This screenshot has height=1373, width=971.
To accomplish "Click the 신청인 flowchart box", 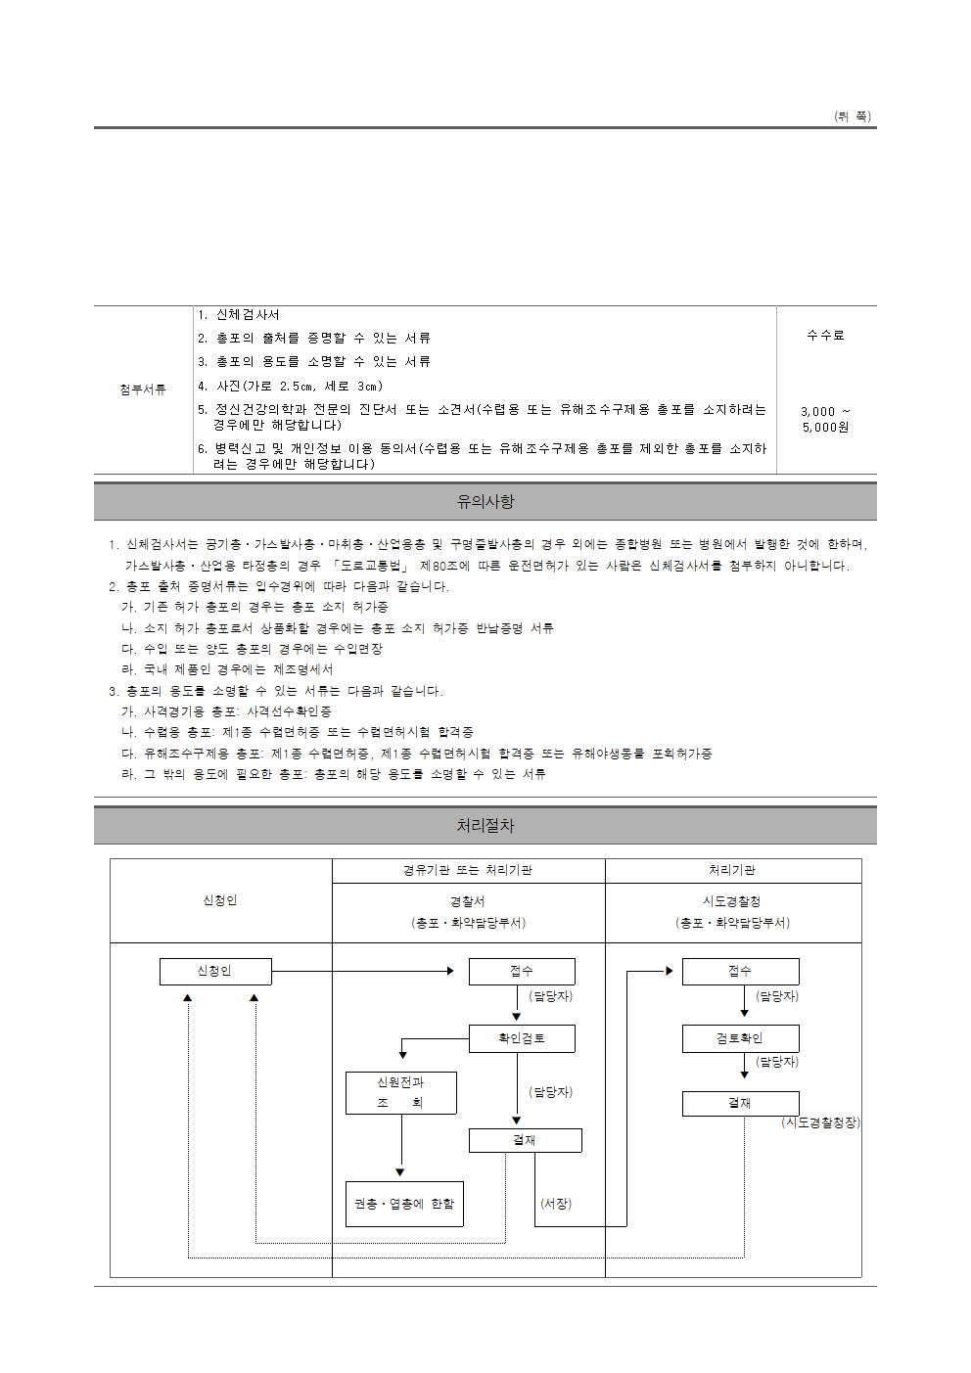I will pyautogui.click(x=215, y=971).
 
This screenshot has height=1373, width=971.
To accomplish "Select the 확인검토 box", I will pyautogui.click(x=522, y=1038).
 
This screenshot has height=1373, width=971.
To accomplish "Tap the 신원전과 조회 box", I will pyautogui.click(x=401, y=1092).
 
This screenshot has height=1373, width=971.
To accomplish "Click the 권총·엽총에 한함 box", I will pyautogui.click(x=404, y=1204).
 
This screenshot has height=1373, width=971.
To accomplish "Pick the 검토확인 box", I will pyautogui.click(x=740, y=1038).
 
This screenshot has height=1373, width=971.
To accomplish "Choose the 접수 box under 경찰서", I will pyautogui.click(x=522, y=971).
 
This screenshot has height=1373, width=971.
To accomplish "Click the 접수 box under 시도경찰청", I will pyautogui.click(x=740, y=971).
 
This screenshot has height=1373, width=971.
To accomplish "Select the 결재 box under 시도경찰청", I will pyautogui.click(x=740, y=1103).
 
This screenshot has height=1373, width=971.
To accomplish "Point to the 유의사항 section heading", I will pyautogui.click(x=485, y=502).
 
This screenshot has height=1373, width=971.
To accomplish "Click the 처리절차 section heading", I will pyautogui.click(x=485, y=826).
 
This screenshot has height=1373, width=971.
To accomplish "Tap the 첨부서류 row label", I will pyautogui.click(x=143, y=389).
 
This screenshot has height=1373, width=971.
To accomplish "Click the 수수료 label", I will pyautogui.click(x=825, y=336).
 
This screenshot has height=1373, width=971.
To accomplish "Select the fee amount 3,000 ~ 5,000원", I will pyautogui.click(x=825, y=420).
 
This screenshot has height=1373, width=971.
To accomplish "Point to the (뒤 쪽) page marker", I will pyautogui.click(x=853, y=116).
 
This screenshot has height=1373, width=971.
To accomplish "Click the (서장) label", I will pyautogui.click(x=556, y=1204).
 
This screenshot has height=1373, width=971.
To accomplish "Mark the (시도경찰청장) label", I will pyautogui.click(x=820, y=1122).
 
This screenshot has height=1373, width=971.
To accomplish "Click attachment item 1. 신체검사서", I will pyautogui.click(x=239, y=315).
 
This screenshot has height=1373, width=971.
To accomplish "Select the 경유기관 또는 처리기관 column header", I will pyautogui.click(x=468, y=870).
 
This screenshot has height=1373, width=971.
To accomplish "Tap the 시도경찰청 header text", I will pyautogui.click(x=732, y=901).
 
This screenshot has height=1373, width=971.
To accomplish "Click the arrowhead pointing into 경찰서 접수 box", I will pyautogui.click(x=450, y=971).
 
